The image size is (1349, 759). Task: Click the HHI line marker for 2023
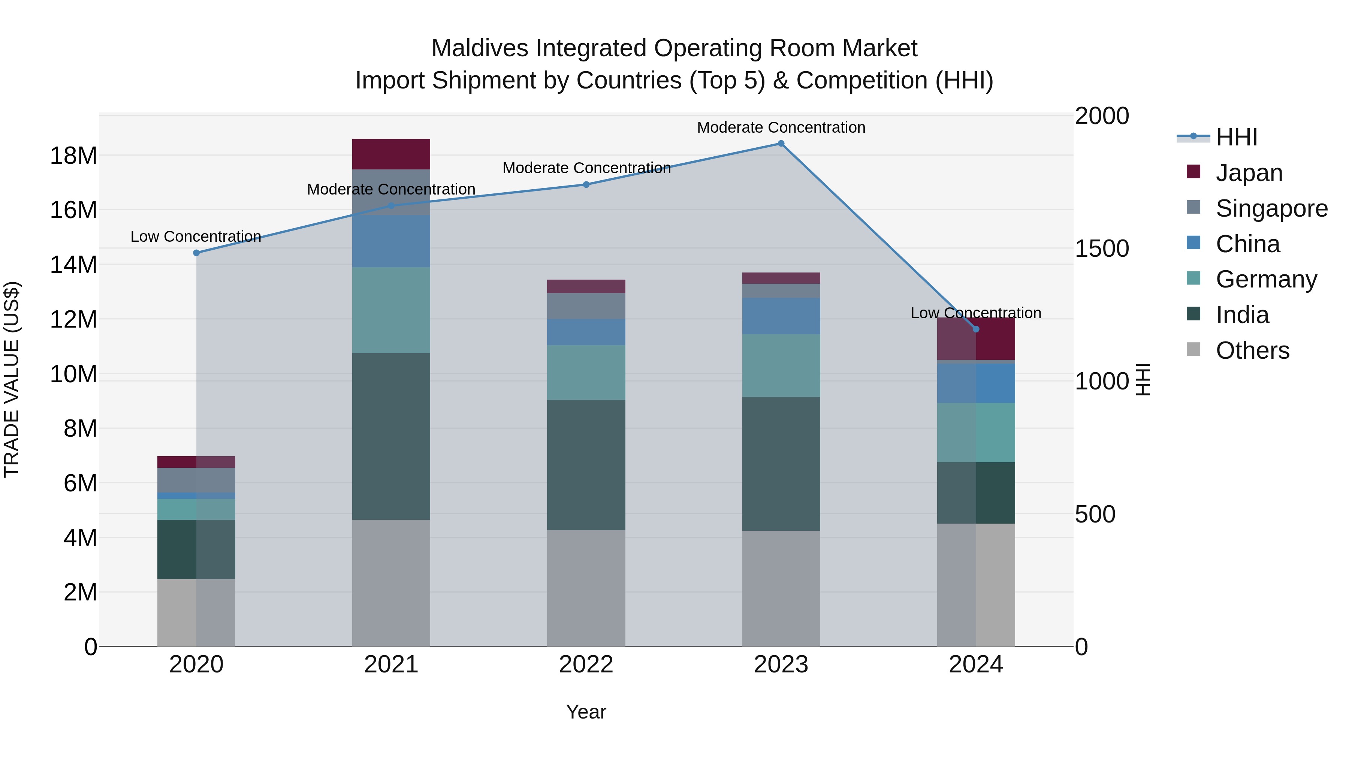pos(781,144)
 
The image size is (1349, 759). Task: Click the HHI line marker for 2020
pos(196,253)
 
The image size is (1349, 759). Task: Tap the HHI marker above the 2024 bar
pos(976,329)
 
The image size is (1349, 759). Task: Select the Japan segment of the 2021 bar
pos(391,154)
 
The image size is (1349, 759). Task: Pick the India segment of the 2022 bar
pos(586,465)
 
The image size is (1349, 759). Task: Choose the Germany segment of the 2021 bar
pos(391,310)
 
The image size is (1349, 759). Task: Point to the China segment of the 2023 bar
pos(781,316)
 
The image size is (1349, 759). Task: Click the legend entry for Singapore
pos(1271,208)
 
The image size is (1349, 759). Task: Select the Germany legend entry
pos(1266,279)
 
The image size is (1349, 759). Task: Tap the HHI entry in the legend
pos(1236,137)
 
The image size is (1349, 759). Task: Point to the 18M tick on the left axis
pos(73,156)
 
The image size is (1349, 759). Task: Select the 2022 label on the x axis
pos(586,665)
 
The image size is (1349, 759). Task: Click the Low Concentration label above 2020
pos(196,237)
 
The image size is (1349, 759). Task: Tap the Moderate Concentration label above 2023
pos(781,127)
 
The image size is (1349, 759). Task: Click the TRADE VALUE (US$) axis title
pos(12,379)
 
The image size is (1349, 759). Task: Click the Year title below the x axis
pos(586,712)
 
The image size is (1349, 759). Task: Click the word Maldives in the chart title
pos(480,48)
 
